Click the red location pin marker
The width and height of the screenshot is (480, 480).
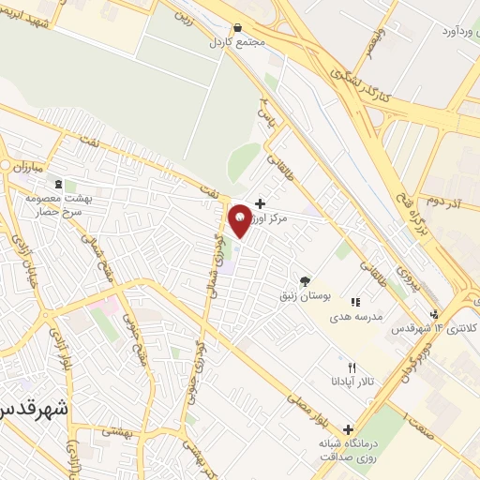(x=240, y=219)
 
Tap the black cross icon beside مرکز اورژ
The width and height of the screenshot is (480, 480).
(x=260, y=202)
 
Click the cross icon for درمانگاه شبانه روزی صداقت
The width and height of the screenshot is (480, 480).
(x=349, y=429)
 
